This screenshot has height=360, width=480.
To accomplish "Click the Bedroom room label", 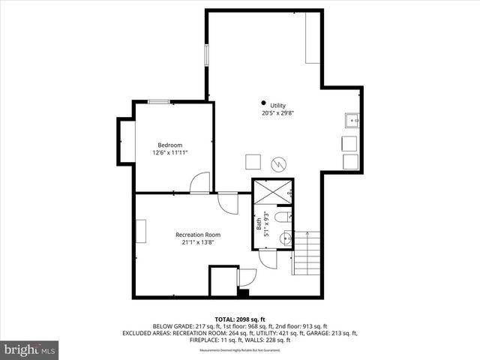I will (169, 145).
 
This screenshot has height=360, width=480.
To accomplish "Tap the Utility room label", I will (278, 106).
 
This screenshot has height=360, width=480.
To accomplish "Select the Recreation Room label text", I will (198, 235).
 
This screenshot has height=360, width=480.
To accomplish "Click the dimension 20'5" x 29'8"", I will (278, 114).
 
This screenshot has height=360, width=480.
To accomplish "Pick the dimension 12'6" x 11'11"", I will (169, 153).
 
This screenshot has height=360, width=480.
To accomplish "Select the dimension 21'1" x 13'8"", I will (198, 242).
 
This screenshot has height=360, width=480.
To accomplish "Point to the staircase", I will (307, 253).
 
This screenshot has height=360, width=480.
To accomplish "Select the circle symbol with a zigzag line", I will (278, 162).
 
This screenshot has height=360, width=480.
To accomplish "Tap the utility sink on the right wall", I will (351, 120).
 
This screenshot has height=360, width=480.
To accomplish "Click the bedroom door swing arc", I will (200, 183).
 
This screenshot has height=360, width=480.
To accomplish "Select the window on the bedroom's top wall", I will (158, 101).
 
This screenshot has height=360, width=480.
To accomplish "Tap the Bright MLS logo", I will (30, 349).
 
